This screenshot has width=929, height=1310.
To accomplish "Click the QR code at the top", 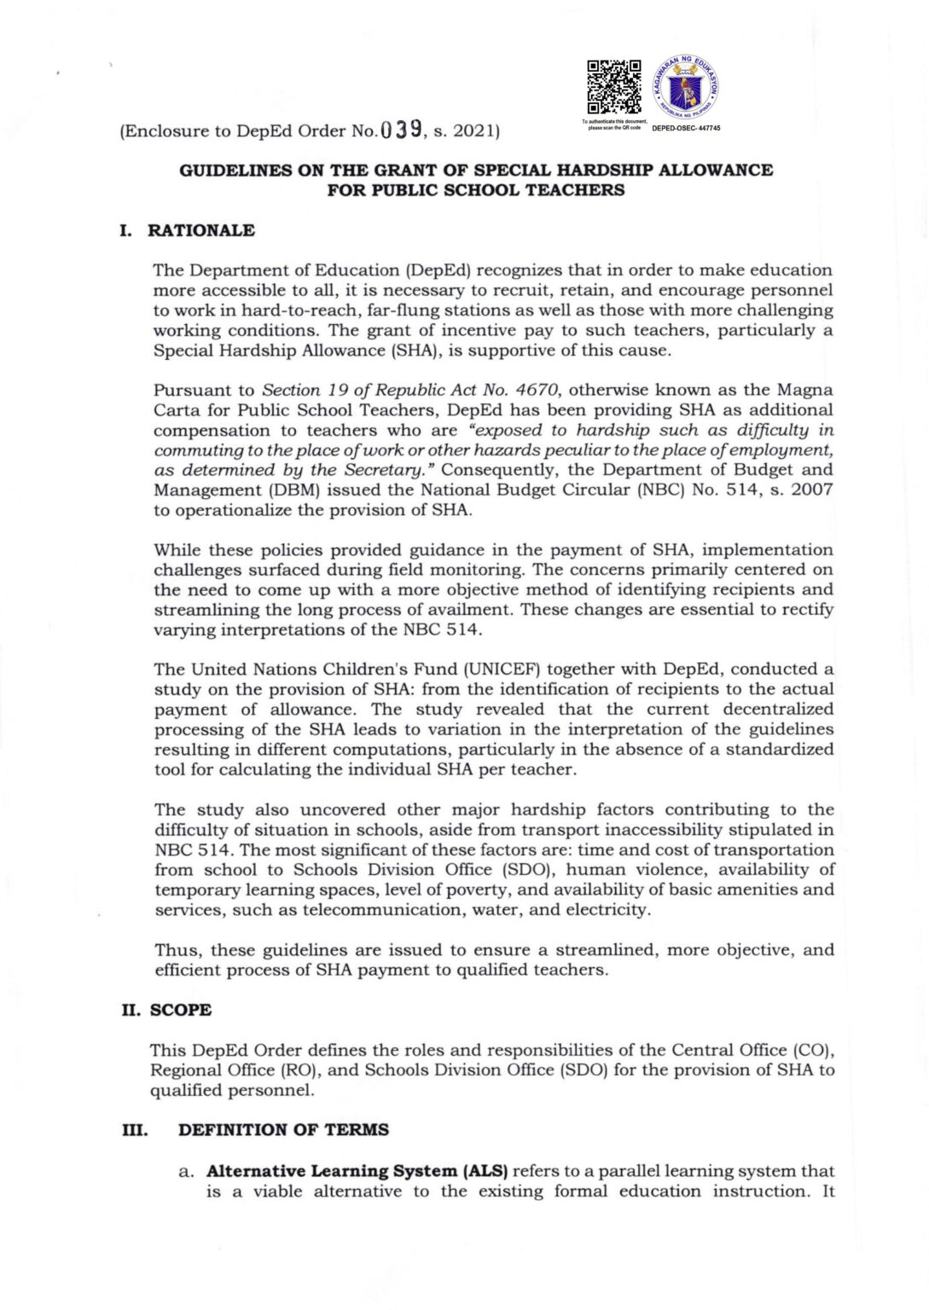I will [613, 87].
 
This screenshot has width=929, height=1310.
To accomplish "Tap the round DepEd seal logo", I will [685, 88].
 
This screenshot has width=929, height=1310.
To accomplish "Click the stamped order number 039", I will [400, 130].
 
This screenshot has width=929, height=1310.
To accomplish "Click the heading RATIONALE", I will [200, 230].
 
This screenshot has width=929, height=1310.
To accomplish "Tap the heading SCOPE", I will [181, 1010].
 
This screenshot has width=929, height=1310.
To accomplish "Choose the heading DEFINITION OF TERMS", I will [283, 1129].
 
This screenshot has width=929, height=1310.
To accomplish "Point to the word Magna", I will [804, 390].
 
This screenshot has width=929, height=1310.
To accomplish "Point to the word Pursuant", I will [192, 390].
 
